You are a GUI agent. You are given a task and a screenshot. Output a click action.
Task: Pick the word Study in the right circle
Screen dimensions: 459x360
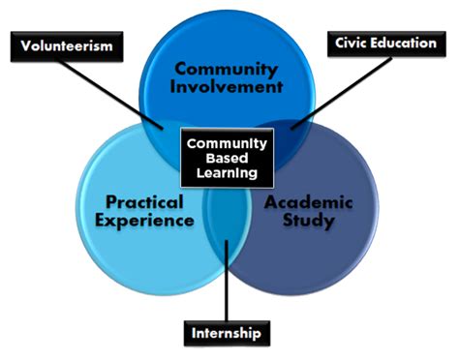(x=313, y=221)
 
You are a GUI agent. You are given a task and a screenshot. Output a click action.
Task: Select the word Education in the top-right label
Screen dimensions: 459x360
(x=401, y=43)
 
